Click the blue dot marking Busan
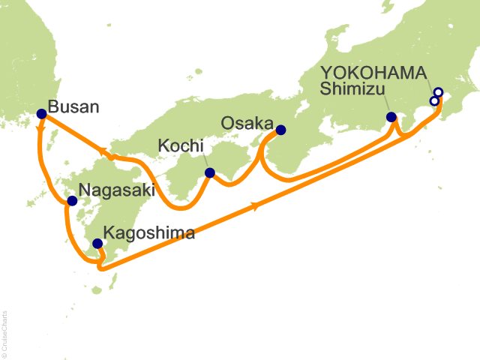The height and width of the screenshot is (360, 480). coord(41,114)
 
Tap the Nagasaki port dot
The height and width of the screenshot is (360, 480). coord(72,201)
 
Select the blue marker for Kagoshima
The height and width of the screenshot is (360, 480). coord(97,243)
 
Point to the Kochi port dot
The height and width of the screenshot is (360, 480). coord(210,172)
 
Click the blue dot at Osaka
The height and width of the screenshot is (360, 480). coord(281,129)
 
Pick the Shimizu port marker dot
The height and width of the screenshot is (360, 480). coord(391,117)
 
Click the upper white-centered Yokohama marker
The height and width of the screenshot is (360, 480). coord(439,93)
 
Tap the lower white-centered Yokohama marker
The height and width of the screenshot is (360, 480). coord(434,101)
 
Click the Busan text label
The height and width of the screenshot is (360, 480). coord(73,106)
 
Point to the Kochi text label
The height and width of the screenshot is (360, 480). coord(179,142)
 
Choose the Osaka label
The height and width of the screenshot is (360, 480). coord(247,121)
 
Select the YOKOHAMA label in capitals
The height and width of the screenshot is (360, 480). coord(373,73)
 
